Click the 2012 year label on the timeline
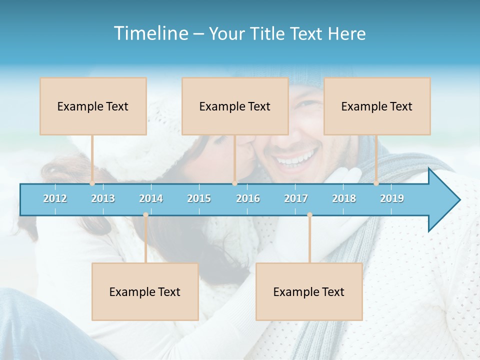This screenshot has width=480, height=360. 55,198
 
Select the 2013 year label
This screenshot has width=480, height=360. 103,198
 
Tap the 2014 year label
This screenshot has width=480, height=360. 151,198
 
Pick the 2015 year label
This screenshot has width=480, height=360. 199,198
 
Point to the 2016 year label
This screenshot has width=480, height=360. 248,198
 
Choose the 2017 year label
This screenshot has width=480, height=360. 296,198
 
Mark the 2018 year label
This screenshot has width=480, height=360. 344,198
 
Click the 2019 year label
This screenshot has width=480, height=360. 392,198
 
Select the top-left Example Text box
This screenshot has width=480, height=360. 93,106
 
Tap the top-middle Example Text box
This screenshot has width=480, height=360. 235,106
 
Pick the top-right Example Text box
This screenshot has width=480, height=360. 377,106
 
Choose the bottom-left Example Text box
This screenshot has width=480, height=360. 145,291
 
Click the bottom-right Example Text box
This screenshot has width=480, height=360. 309,291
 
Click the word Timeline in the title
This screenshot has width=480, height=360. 150,33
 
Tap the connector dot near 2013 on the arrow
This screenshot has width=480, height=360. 92,183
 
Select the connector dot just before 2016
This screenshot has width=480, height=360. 234,183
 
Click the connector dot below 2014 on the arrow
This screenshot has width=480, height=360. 145,214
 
